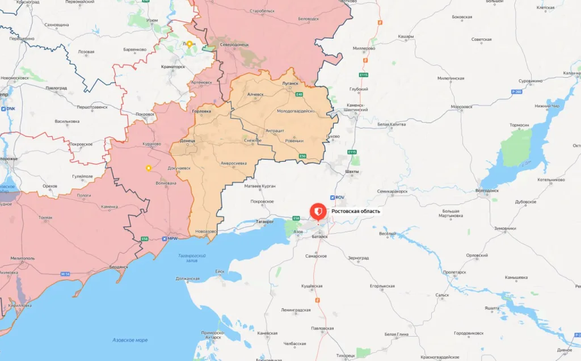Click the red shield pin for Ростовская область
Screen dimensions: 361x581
click(x=318, y=212)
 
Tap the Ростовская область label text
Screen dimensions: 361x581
click(x=356, y=211)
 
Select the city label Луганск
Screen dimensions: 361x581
click(x=290, y=83)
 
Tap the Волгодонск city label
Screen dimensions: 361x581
click(x=487, y=191)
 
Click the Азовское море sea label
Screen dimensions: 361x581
click(x=130, y=340)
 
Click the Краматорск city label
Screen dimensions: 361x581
click(x=172, y=66)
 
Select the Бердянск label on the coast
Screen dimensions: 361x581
click(x=119, y=266)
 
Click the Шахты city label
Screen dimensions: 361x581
click(x=352, y=170)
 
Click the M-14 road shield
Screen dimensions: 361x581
click(x=65, y=274)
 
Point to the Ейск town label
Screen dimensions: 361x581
click(x=220, y=272)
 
